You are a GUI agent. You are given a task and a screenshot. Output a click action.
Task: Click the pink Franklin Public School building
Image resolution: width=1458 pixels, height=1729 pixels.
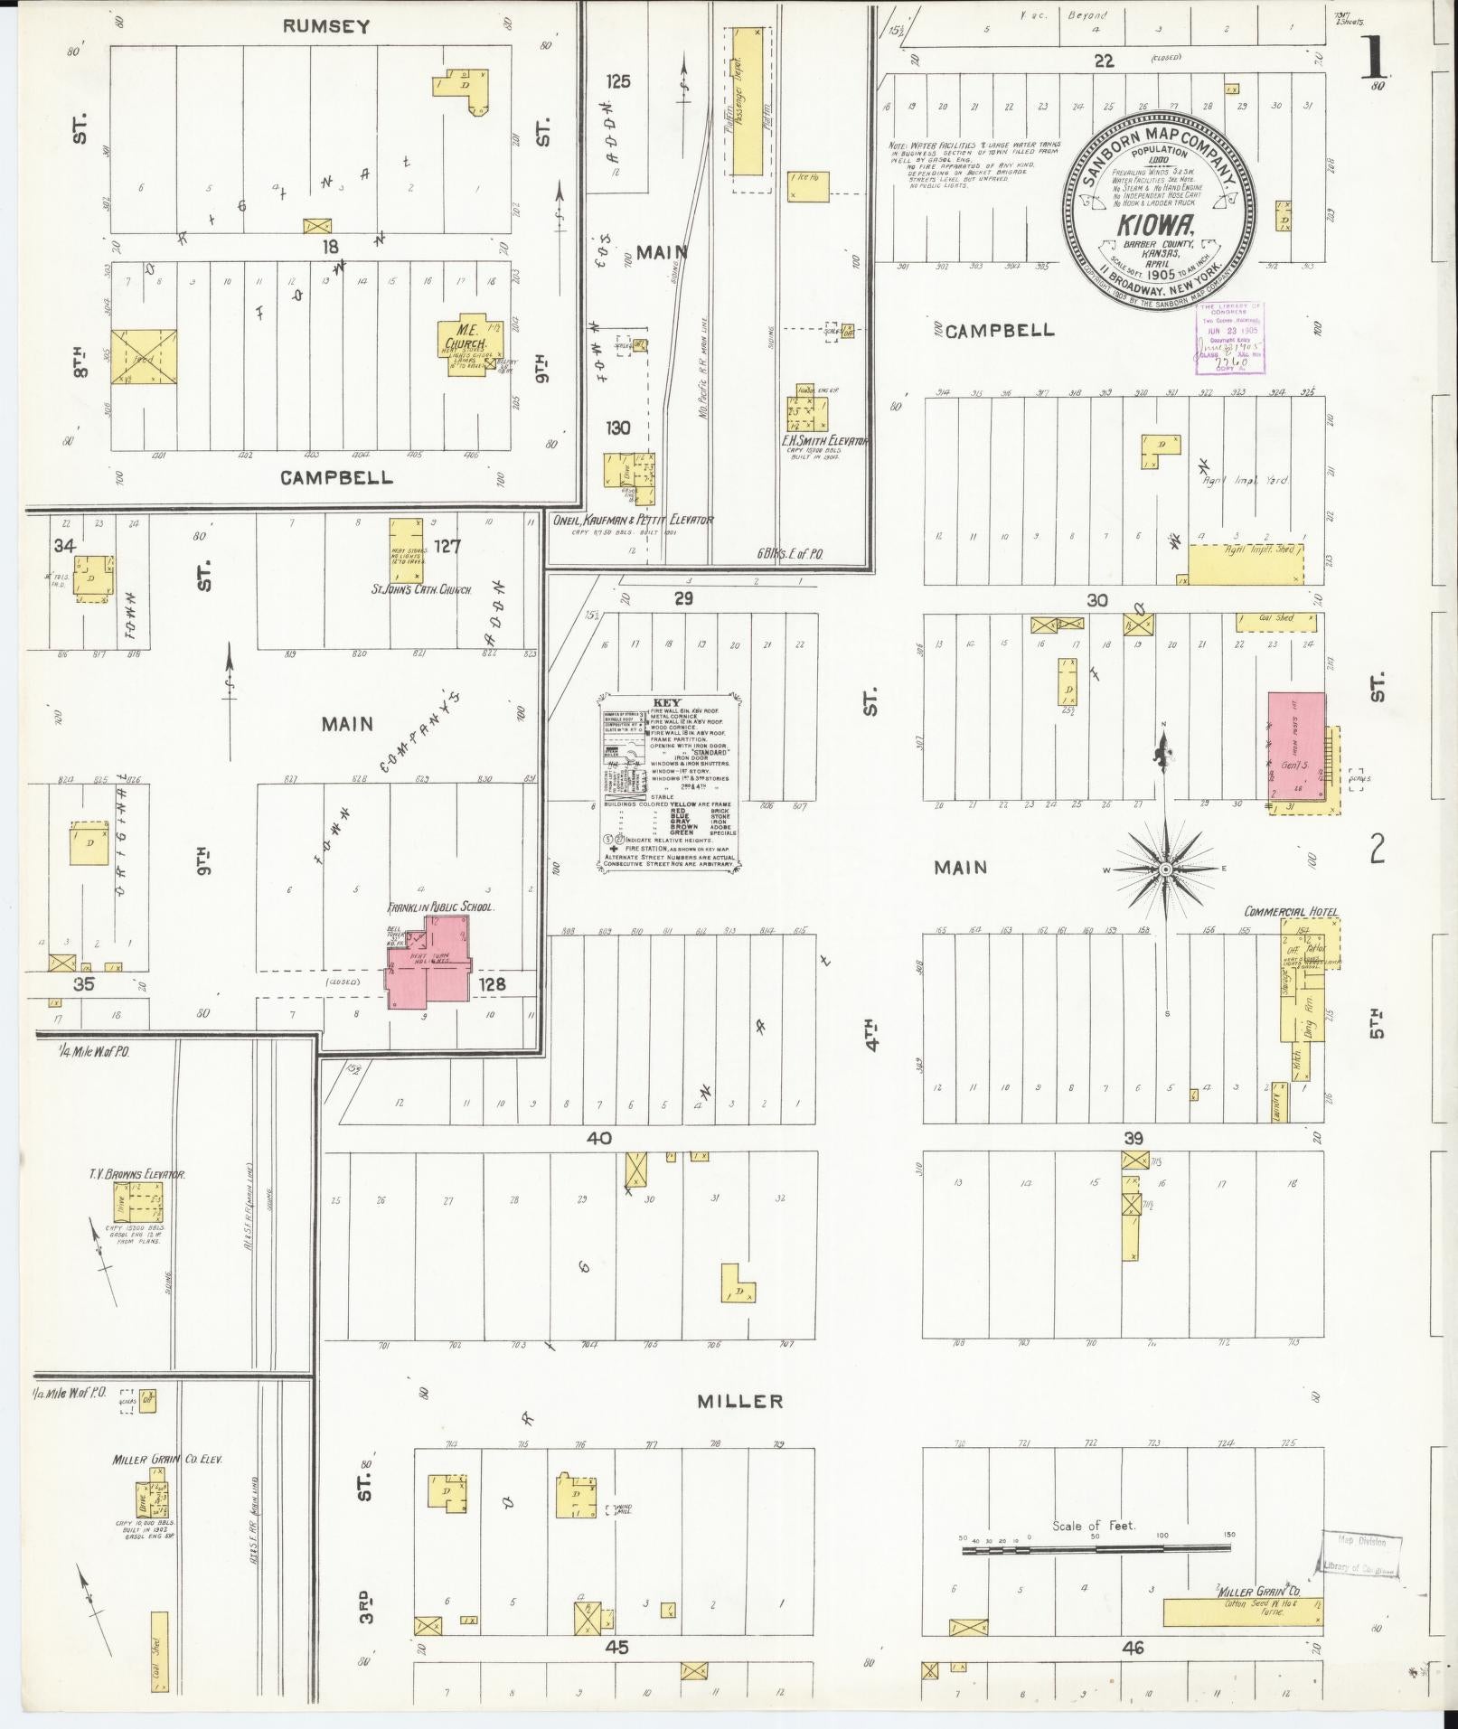click(428, 963)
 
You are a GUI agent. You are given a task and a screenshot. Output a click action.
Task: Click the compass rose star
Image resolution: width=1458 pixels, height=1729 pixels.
click(1165, 869)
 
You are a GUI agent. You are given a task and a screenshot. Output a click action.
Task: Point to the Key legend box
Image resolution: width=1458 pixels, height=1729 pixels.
click(670, 784)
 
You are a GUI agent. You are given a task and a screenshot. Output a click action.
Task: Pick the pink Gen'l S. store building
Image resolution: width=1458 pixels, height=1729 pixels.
click(1296, 748)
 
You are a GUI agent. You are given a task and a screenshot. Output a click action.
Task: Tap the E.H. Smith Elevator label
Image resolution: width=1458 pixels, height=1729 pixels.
click(824, 441)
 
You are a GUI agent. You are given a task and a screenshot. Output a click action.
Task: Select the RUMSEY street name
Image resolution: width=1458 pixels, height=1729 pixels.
click(325, 26)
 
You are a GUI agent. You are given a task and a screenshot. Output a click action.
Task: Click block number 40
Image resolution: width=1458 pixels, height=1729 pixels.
click(597, 1138)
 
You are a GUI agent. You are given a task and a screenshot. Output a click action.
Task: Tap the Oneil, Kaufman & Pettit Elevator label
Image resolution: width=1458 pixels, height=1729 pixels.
click(632, 521)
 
